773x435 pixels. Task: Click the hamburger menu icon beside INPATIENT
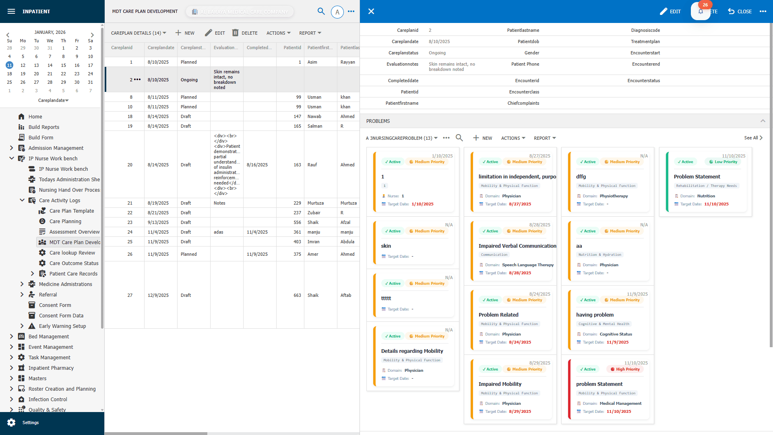pos(11,11)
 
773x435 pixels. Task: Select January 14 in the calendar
pos(50,65)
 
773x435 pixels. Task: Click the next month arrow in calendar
pos(92,35)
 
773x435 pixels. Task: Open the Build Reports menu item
pos(43,127)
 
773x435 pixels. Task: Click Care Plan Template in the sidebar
pos(71,211)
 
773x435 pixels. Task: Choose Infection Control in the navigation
pos(48,399)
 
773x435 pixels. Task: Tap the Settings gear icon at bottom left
pos(11,422)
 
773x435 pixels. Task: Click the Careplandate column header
pos(161,48)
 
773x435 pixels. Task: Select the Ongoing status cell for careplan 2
pos(189,80)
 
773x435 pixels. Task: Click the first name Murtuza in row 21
pos(315,203)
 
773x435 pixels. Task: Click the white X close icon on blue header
pos(371,11)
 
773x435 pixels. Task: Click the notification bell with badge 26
pos(701,11)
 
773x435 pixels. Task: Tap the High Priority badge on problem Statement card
pos(625,369)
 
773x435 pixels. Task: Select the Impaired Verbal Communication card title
pos(517,246)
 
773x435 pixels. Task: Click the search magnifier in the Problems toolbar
pos(459,138)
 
